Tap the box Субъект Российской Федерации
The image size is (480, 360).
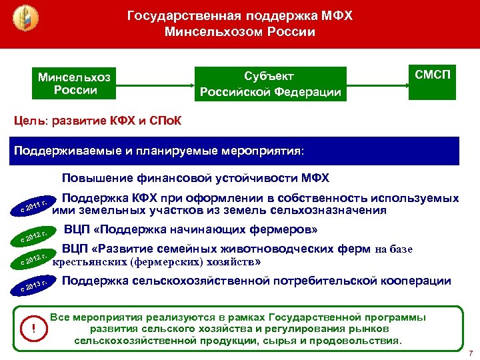pyautogui.click(x=271, y=84)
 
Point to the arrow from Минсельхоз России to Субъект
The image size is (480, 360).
pyautogui.click(x=153, y=85)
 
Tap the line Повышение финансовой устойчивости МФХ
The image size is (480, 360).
pyautogui.click(x=195, y=179)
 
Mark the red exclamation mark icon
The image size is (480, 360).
pyautogui.click(x=33, y=327)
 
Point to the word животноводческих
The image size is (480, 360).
pyautogui.click(x=262, y=249)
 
